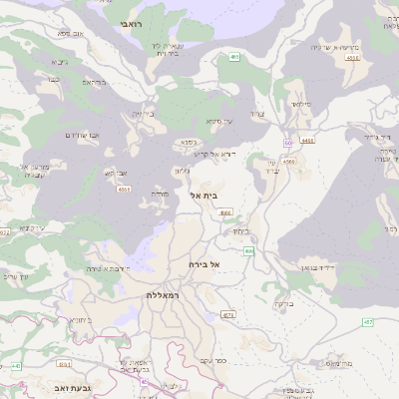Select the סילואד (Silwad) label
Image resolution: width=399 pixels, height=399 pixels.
(299, 103)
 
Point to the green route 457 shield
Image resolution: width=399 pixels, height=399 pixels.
(368, 323)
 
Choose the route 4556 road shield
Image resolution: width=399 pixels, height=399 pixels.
(351, 59)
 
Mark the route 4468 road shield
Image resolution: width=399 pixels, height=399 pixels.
(307, 141)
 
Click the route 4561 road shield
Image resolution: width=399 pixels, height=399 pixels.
(123, 188)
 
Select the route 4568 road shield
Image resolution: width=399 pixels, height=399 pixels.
(287, 160)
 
